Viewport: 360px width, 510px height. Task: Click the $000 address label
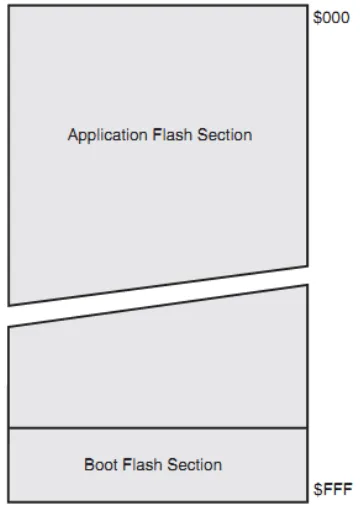331,18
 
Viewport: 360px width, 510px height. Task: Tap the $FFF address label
333,489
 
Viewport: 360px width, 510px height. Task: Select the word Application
108,135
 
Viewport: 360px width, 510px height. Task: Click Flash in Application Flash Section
172,135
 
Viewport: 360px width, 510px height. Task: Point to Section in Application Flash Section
225,135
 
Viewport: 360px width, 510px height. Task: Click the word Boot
101,465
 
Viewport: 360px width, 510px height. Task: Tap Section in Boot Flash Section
194,465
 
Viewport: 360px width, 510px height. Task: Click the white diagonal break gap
158,295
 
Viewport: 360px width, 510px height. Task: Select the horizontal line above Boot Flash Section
158,427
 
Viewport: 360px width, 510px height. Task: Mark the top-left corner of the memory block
9,6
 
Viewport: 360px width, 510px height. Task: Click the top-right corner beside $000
307,6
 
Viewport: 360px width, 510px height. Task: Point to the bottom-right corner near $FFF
307,501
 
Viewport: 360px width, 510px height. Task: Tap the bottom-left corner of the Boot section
9,501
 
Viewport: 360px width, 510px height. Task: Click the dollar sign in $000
317,18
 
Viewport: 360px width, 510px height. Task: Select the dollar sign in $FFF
318,489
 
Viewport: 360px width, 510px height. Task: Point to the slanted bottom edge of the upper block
158,286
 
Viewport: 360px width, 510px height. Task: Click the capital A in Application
73,135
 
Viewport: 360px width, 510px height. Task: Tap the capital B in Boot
89,465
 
